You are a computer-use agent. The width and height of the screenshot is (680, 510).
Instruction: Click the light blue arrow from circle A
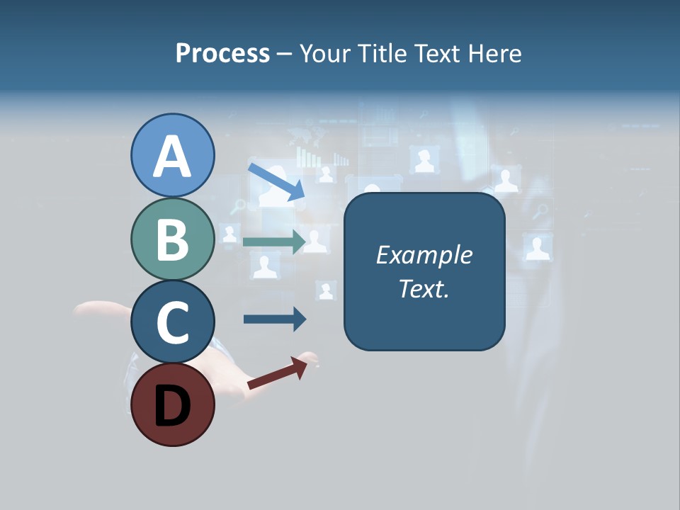pyautogui.click(x=276, y=181)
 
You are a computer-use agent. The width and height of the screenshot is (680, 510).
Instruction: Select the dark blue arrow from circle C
pyautogui.click(x=275, y=319)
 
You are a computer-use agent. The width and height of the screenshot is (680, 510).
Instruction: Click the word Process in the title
pyautogui.click(x=222, y=54)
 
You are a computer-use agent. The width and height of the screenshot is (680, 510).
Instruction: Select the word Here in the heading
pyautogui.click(x=495, y=54)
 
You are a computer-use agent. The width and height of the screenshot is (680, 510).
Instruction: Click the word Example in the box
pyautogui.click(x=424, y=255)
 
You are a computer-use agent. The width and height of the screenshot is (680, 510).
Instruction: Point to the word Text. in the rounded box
pyautogui.click(x=424, y=288)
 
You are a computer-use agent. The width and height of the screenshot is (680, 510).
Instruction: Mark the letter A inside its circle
pyautogui.click(x=173, y=157)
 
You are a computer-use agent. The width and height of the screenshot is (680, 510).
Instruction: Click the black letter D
pyautogui.click(x=173, y=407)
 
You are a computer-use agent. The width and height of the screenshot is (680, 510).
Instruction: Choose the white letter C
pyautogui.click(x=173, y=323)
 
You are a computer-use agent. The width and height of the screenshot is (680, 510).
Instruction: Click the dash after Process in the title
pyautogui.click(x=284, y=55)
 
